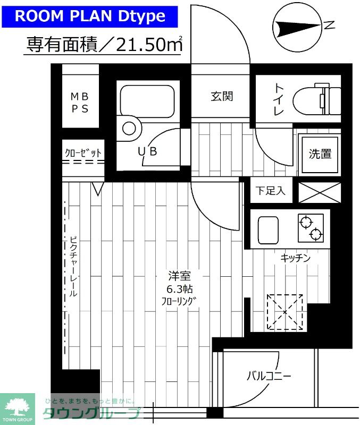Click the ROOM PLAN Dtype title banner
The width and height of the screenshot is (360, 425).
click(x=89, y=15)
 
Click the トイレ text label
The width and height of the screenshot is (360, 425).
click(x=278, y=99)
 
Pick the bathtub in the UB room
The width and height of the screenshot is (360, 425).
click(x=147, y=100)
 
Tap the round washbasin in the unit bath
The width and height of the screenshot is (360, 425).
click(x=129, y=128)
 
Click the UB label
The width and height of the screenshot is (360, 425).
click(x=148, y=151)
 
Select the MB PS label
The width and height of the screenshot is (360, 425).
click(x=80, y=102)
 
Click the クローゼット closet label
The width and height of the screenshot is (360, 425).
click(x=83, y=153)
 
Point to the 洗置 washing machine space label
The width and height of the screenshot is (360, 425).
click(x=320, y=154)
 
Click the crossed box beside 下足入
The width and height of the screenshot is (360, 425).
click(x=319, y=192)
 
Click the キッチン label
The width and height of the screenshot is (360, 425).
click(x=295, y=258)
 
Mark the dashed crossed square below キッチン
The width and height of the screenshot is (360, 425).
click(x=284, y=312)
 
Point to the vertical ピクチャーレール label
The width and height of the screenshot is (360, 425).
click(x=73, y=266)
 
